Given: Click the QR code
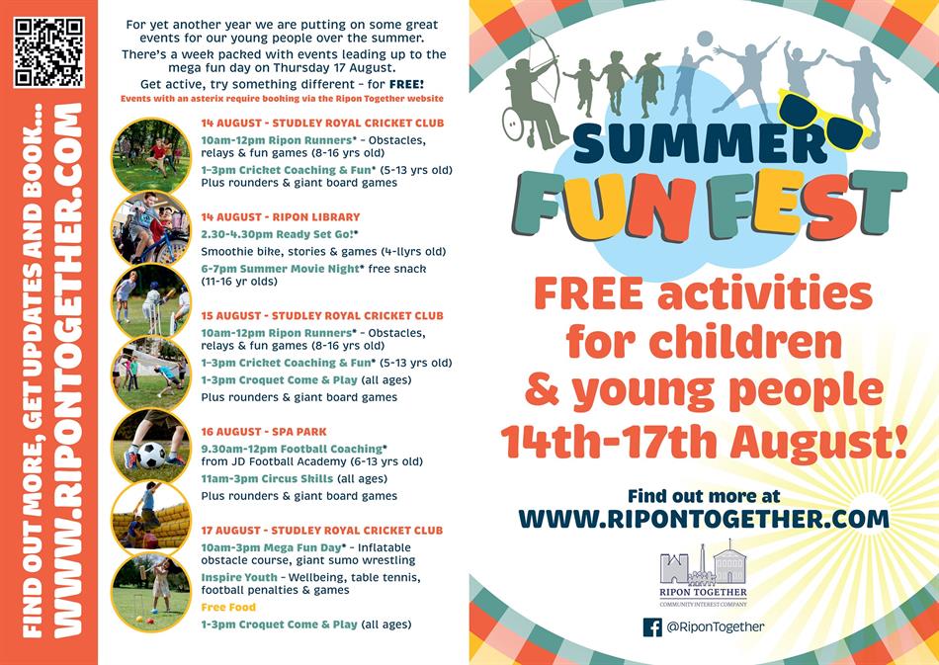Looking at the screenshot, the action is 49,52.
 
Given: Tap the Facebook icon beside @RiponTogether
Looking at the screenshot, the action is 652,627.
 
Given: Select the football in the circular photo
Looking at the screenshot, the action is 151,455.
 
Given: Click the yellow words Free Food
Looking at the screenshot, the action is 228,607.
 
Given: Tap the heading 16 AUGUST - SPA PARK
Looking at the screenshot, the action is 264,431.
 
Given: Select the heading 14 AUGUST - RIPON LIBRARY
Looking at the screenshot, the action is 281,216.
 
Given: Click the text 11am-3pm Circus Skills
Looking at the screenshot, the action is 267,478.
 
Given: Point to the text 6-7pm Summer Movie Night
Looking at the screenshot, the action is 281,269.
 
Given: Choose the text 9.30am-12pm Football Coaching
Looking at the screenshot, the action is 292,449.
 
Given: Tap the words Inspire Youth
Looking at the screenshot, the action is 239,577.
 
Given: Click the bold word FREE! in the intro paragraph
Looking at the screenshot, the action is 406,84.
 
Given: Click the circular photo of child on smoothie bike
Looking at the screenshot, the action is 151,228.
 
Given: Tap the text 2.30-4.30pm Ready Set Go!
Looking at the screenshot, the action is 278,234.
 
